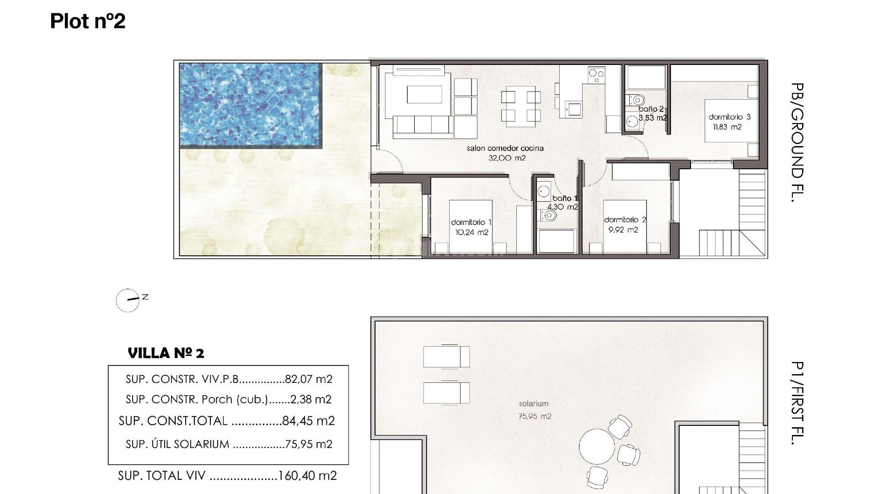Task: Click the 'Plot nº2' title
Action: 87,21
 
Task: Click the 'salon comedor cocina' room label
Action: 505,148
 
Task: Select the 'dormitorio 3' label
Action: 729,117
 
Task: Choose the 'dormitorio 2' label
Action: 625,220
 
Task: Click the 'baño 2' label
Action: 651,109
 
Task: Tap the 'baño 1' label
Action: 565,198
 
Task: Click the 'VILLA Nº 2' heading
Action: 166,353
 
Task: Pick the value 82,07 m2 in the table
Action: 308,379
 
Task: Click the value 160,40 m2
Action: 307,476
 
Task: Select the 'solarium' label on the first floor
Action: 533,403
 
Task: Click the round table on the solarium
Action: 597,446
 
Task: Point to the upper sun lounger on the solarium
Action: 446,357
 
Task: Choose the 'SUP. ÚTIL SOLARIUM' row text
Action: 177,444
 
